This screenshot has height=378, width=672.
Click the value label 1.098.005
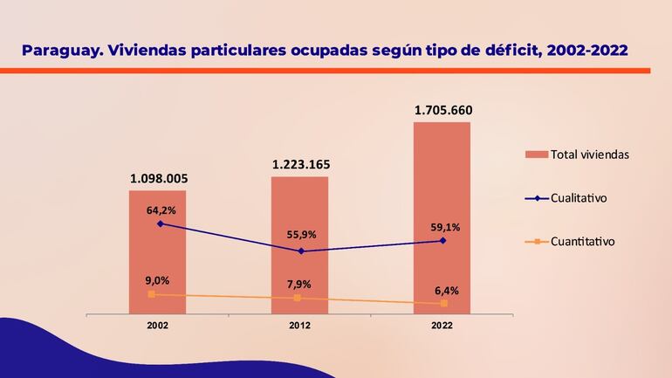(158, 179)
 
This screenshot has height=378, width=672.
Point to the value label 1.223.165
(301, 164)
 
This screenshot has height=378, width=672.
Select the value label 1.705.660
(443, 110)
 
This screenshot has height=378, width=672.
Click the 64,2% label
(161, 210)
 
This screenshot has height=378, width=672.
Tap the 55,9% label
(301, 235)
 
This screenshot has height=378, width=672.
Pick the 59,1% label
(444, 227)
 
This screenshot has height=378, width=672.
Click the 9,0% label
(156, 280)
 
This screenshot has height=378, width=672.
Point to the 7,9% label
(298, 284)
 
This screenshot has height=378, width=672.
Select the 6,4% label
(445, 290)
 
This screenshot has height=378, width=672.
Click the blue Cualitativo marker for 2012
(301, 251)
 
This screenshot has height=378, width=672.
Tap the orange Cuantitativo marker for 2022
(444, 303)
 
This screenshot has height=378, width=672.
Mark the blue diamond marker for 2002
(160, 223)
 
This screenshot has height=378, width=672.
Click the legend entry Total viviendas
(589, 155)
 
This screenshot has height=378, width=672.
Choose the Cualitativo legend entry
(578, 198)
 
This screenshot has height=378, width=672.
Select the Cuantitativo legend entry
(582, 241)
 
